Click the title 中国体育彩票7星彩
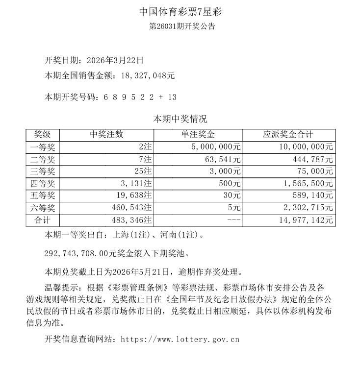180,11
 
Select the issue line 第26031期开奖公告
180,26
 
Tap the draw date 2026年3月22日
115,61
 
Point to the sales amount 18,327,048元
144,76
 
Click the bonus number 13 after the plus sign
172,97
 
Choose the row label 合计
43,220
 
